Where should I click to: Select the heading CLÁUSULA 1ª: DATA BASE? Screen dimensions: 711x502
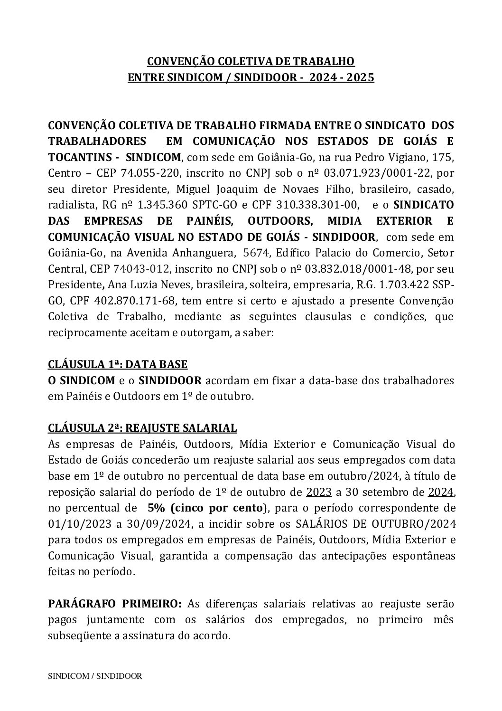(x=118, y=365)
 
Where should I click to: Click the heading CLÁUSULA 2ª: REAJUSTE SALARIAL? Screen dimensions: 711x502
(x=142, y=428)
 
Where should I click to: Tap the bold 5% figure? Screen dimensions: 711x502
(x=156, y=508)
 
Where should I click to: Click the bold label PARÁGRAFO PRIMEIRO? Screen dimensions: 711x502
(x=115, y=604)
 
